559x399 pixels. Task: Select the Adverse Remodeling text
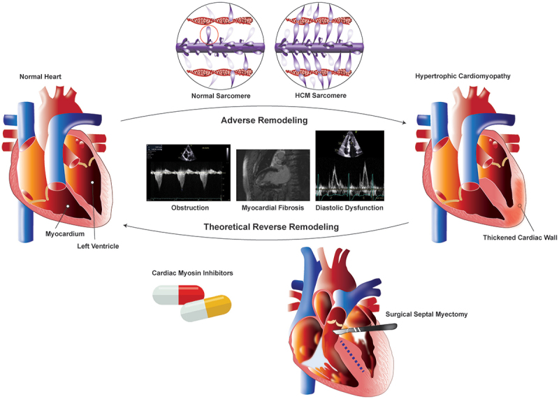tap(264, 120)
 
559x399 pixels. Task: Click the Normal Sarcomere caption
tap(221, 94)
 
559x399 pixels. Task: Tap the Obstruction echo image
tap(189, 173)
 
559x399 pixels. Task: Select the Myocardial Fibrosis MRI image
tap(273, 175)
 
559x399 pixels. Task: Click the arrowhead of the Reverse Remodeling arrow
tap(124, 226)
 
